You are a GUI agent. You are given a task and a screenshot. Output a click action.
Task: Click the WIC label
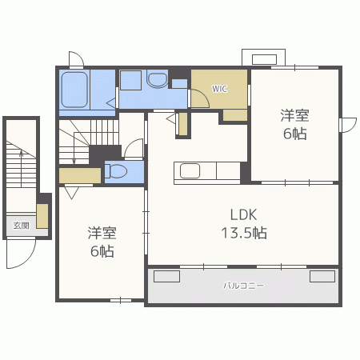tap(218, 88)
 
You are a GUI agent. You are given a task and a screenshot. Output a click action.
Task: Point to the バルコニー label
tap(243, 285)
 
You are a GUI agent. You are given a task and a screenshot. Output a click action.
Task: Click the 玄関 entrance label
tap(21, 225)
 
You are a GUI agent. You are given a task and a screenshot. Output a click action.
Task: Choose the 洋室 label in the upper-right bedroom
tap(294, 115)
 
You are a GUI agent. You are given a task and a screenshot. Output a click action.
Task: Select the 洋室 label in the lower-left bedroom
tap(102, 233)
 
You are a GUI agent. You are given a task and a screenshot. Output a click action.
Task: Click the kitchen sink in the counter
tap(190, 170)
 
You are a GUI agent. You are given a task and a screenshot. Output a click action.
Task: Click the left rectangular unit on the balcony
tap(166, 276)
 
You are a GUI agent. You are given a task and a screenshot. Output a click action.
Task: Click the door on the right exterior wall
tap(347, 125)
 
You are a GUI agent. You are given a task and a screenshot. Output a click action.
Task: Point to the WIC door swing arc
tap(194, 98)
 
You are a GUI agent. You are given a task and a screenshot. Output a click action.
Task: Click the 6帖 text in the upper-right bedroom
tap(294, 134)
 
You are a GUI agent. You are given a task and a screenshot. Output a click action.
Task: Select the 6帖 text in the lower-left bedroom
tap(102, 251)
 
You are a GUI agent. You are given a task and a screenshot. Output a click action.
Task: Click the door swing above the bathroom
tap(76, 59)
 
